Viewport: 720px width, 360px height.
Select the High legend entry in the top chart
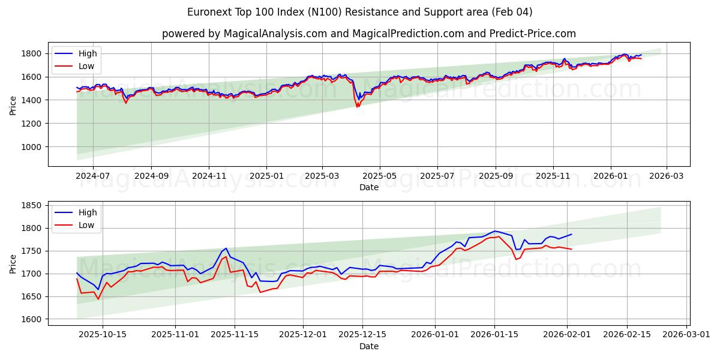point(87,54)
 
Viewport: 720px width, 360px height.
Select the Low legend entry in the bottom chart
point(86,225)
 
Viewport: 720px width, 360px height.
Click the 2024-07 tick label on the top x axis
point(93,176)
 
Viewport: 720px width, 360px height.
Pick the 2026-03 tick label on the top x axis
point(667,176)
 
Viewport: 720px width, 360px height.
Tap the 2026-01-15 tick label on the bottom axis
point(494,334)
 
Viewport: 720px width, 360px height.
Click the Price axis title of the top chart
point(13,104)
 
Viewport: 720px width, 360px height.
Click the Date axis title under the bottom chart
point(368,346)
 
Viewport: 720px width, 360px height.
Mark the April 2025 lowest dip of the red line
point(358,107)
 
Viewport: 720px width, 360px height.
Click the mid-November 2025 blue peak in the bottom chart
point(226,248)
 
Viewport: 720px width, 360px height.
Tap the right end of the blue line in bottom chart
point(572,234)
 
